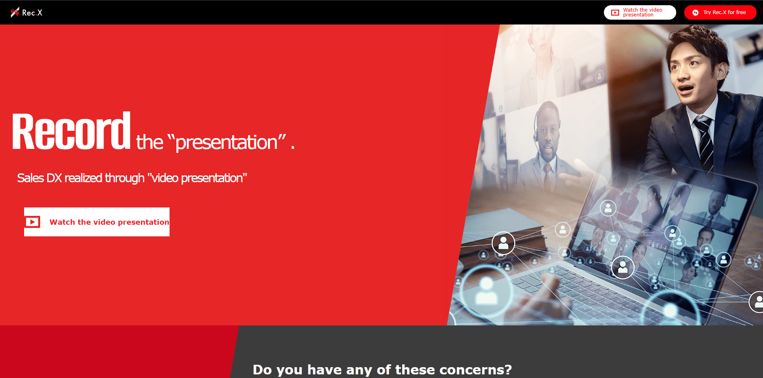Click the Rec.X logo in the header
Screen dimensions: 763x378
click(27, 12)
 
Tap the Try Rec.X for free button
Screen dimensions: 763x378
click(720, 12)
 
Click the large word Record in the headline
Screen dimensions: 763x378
click(71, 131)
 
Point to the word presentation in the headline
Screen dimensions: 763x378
click(227, 143)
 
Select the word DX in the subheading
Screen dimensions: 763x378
click(54, 178)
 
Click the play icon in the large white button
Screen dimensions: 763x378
click(33, 222)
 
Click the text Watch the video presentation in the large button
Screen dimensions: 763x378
click(109, 222)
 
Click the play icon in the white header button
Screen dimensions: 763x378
click(615, 13)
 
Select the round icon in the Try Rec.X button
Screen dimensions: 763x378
click(695, 12)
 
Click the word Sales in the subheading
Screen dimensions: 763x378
click(31, 178)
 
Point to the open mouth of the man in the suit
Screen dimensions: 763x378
click(685, 88)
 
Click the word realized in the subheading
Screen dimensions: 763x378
click(84, 178)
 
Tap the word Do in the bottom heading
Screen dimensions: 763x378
click(262, 370)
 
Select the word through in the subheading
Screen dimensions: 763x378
click(125, 178)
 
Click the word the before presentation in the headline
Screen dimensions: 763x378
click(150, 142)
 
